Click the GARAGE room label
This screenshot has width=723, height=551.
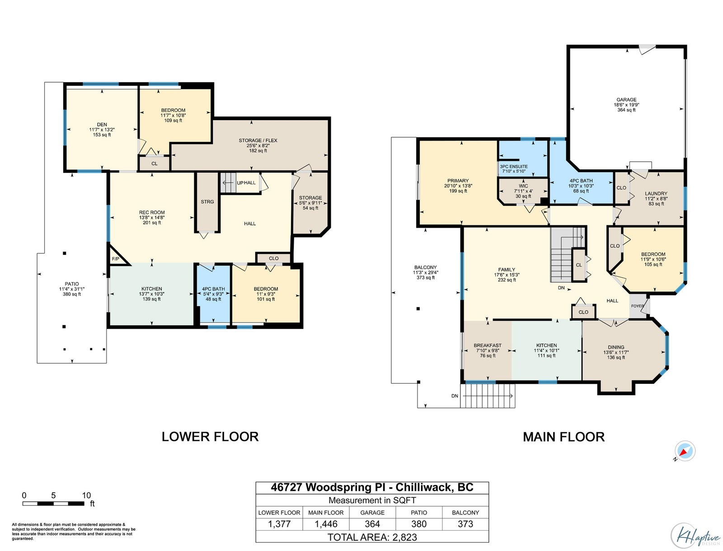[626, 100]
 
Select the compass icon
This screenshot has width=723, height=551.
[685, 451]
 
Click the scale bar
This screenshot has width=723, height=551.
[53, 503]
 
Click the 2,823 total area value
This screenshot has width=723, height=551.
[404, 537]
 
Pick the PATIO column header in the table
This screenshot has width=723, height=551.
[418, 513]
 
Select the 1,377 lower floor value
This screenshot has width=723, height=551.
[279, 524]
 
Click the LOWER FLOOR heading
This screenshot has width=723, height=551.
[210, 437]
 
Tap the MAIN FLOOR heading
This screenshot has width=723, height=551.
[563, 437]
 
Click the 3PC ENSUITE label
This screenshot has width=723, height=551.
[513, 167]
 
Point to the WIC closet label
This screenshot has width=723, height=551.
[523, 186]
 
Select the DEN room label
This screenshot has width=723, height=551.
[102, 124]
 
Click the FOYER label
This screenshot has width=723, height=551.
[637, 306]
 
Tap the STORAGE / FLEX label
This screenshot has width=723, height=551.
[258, 140]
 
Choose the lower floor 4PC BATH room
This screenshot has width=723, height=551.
[213, 294]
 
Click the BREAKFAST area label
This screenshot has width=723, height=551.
[488, 346]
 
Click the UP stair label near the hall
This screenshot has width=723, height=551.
[240, 182]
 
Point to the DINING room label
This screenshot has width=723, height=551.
[616, 347]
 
